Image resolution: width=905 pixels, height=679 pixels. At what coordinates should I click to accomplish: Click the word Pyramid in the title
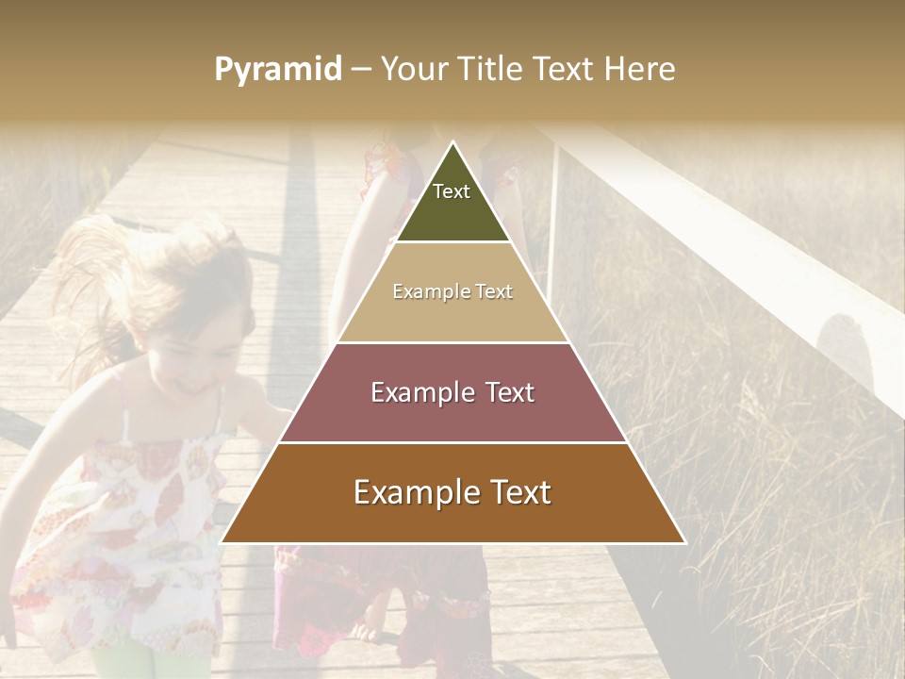click(x=278, y=70)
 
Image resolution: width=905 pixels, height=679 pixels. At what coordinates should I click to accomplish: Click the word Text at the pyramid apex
click(x=452, y=192)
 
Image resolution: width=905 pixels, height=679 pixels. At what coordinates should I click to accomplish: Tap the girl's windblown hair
click(x=123, y=273)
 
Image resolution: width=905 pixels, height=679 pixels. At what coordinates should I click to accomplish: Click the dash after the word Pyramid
click(x=361, y=70)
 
